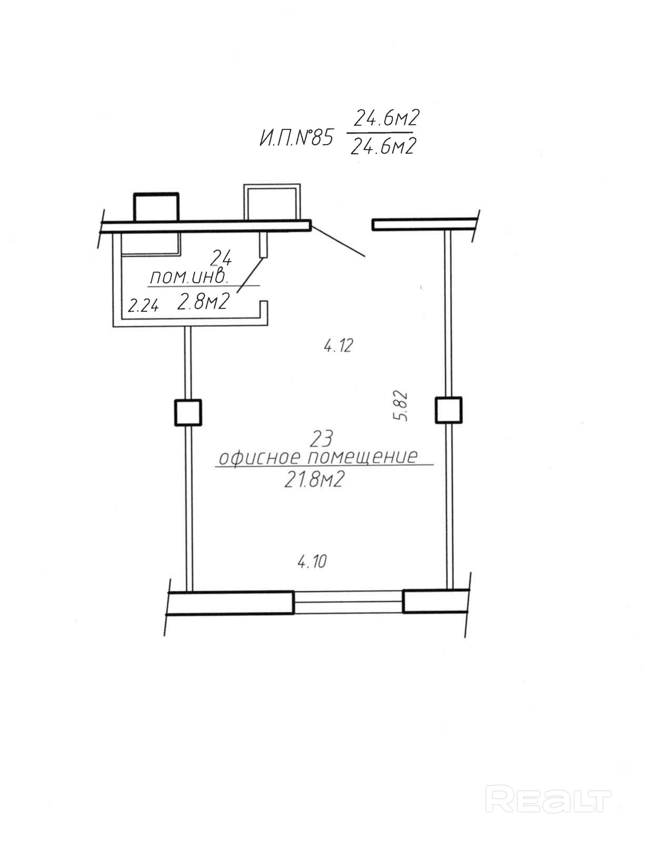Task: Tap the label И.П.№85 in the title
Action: [x=296, y=138]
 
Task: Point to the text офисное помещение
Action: [x=318, y=457]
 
